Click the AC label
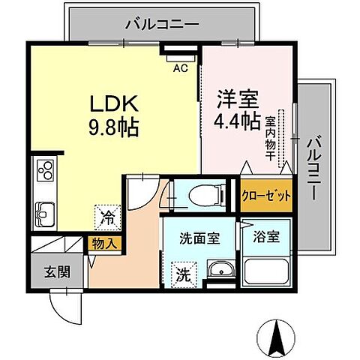tap(179, 69)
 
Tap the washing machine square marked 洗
tap(183, 274)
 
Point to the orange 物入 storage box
tap(104, 244)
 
